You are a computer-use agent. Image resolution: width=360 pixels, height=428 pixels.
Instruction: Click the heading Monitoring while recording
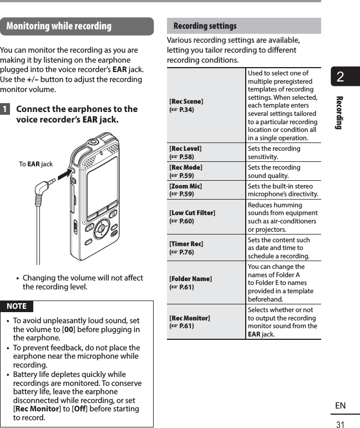pos(59,26)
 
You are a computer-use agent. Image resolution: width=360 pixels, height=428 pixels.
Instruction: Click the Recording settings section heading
pos(205,26)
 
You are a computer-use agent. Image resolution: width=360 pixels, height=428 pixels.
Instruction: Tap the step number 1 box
pos(5,109)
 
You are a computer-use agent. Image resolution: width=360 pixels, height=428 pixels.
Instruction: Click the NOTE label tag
pos(17,306)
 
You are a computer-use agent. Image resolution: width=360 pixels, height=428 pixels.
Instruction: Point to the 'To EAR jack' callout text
pos(36,164)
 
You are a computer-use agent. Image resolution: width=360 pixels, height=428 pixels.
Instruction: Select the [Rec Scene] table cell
pos(206,105)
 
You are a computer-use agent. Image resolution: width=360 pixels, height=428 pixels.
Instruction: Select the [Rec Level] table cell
pos(206,152)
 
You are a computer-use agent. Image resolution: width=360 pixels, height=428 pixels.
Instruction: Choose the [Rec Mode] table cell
pos(206,171)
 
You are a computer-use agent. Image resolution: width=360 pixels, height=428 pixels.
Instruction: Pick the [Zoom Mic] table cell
pos(206,190)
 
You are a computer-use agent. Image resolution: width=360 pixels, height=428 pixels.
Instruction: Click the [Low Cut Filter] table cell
pos(206,217)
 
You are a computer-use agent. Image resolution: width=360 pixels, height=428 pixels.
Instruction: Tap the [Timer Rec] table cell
pos(206,248)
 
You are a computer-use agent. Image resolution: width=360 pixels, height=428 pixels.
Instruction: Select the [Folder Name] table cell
pos(206,283)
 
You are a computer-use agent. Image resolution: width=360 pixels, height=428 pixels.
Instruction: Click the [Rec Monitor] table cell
pos(206,322)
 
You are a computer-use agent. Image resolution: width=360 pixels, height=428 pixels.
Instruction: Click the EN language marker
pos(340,406)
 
